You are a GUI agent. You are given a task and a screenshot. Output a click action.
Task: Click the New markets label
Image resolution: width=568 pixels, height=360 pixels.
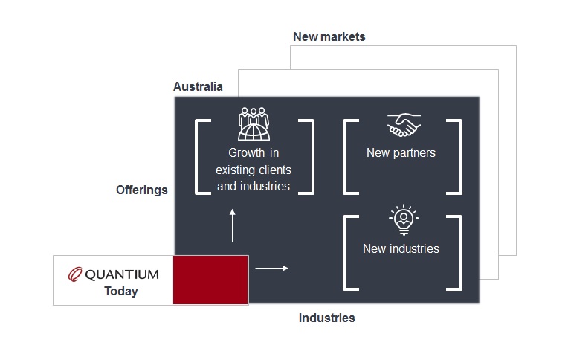click(329, 36)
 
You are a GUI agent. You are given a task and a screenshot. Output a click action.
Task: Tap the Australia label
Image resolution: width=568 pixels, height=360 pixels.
click(198, 86)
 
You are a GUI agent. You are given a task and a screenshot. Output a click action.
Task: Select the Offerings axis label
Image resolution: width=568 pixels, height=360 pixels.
click(142, 190)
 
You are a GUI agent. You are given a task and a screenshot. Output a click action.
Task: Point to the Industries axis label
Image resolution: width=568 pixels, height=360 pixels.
click(326, 318)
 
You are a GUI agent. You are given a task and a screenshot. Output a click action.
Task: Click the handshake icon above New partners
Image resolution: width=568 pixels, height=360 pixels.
click(404, 125)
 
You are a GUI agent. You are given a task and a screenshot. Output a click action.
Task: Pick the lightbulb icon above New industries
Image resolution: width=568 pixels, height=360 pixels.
click(404, 219)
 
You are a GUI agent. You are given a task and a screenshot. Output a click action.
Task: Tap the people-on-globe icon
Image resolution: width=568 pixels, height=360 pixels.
click(254, 123)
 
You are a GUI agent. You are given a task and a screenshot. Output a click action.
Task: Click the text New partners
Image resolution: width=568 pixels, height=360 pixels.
click(401, 153)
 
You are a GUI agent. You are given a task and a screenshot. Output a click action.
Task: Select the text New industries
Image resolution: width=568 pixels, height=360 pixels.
click(401, 248)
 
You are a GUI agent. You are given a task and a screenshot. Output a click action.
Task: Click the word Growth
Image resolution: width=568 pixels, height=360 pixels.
click(247, 153)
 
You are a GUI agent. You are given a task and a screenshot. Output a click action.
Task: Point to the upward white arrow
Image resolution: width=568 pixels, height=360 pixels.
click(232, 225)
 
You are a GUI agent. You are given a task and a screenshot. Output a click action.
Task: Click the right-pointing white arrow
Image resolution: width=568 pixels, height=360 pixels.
click(271, 269)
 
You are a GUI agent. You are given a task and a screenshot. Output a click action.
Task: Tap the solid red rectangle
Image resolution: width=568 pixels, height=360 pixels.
click(210, 280)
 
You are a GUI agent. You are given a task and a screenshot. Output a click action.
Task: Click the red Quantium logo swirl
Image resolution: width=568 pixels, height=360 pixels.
click(75, 274)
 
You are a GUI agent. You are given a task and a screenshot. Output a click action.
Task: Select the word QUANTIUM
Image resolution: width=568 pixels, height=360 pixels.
click(122, 274)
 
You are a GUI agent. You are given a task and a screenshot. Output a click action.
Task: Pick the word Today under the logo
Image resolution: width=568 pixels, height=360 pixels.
click(121, 291)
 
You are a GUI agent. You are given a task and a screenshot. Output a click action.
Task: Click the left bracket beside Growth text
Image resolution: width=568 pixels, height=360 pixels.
click(197, 157)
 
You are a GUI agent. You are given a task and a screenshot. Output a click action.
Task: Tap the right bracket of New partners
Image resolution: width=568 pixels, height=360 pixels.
click(460, 157)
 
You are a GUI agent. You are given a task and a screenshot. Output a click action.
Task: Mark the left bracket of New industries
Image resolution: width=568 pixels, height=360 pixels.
click(344, 253)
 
